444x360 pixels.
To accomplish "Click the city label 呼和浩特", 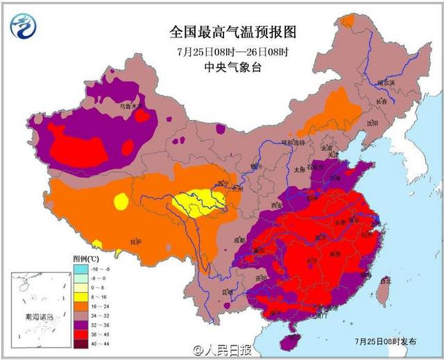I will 292,142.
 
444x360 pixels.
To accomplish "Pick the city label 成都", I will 240,240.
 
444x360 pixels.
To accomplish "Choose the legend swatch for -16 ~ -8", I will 80,268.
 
